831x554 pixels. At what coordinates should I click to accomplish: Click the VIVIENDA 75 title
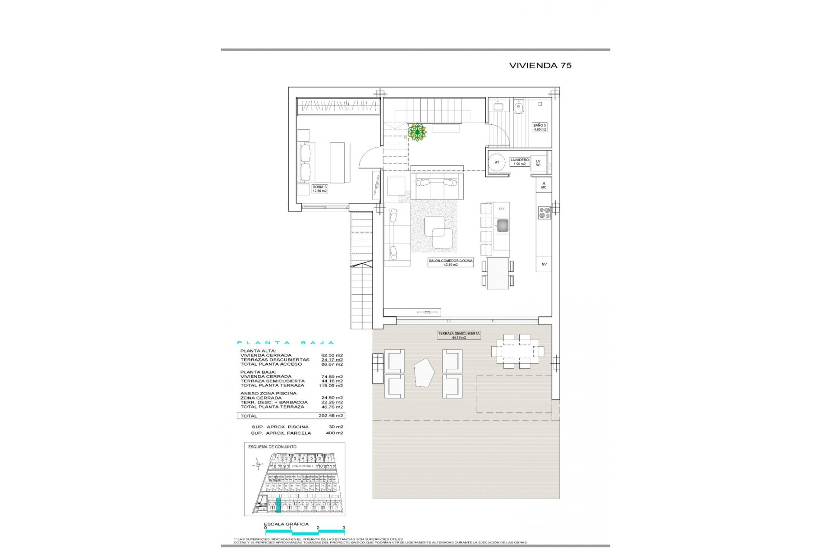click(540, 65)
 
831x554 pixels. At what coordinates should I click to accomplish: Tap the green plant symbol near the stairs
click(417, 132)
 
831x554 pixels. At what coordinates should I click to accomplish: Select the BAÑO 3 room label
click(539, 127)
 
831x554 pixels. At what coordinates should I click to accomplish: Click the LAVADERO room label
click(519, 161)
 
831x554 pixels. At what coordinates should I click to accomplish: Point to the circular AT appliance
click(497, 162)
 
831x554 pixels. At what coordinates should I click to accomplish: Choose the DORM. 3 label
click(319, 189)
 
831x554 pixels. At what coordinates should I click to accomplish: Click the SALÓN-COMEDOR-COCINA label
click(451, 263)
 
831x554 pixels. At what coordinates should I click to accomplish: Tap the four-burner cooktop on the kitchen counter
click(544, 213)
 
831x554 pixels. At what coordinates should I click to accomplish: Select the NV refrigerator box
click(544, 264)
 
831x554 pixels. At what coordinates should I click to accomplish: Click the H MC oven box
click(544, 185)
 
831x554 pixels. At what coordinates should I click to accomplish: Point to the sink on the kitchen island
click(502, 225)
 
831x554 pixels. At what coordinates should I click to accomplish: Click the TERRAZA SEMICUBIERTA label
click(459, 335)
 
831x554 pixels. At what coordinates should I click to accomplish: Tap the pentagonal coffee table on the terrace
click(424, 372)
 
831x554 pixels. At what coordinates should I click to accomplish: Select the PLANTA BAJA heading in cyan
click(286, 343)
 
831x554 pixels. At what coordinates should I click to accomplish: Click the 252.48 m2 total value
click(331, 415)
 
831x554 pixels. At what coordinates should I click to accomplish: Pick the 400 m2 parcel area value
click(334, 433)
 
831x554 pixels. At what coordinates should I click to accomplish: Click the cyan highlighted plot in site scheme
click(278, 505)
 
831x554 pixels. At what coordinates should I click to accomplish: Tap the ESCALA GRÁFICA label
click(286, 524)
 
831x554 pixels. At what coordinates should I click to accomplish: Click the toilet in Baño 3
click(519, 106)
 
